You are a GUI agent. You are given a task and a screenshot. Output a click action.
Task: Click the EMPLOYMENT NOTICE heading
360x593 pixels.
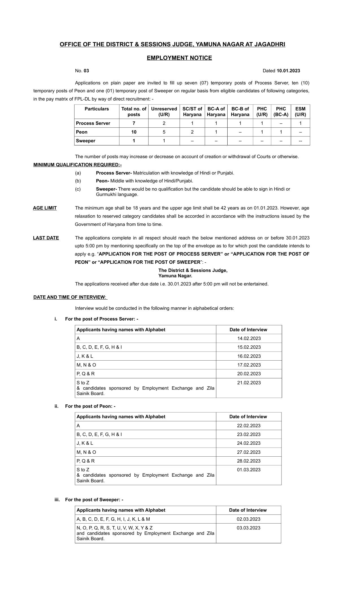[x=179, y=58]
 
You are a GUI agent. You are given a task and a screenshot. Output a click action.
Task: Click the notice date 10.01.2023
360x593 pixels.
[x=288, y=71]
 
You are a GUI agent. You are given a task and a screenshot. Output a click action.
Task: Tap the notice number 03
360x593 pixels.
[x=86, y=71]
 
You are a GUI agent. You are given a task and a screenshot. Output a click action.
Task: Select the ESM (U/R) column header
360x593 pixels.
[x=300, y=112]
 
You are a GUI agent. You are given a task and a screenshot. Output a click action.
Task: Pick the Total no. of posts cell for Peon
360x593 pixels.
[x=134, y=132]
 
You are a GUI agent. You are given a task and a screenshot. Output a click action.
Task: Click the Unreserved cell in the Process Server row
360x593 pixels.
[x=164, y=123]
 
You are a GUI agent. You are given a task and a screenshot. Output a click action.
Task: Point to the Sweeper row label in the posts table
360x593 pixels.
[x=86, y=141]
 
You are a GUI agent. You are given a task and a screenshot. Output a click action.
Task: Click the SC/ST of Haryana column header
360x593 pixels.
[x=192, y=112]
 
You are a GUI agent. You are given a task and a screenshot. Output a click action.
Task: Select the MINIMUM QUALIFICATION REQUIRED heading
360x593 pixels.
[x=77, y=165]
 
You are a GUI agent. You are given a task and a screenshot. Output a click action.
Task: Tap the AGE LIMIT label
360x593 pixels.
[x=45, y=208]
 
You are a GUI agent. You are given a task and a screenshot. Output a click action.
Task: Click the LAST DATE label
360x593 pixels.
[x=46, y=238]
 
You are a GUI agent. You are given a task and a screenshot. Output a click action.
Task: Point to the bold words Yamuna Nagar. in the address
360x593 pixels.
[x=175, y=276]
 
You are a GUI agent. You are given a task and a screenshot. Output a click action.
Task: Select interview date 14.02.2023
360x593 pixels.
[x=249, y=338]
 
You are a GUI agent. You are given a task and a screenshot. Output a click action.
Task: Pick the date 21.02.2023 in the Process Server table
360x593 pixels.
[x=249, y=383]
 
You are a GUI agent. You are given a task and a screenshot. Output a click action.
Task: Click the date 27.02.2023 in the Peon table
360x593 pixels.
[x=248, y=452]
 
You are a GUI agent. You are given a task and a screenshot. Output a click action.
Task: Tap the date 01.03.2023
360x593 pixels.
[x=248, y=470]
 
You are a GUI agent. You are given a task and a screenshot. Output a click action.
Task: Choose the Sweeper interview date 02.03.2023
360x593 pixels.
[x=248, y=519]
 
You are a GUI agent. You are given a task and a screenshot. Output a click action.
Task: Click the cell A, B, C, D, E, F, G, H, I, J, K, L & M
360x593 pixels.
[x=113, y=519]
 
